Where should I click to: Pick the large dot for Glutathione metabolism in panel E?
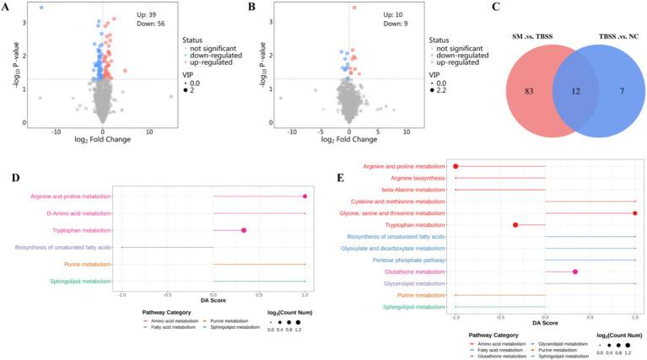[575, 271]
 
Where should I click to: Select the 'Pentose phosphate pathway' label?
[407, 261]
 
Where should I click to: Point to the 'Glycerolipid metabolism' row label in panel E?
[408, 283]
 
